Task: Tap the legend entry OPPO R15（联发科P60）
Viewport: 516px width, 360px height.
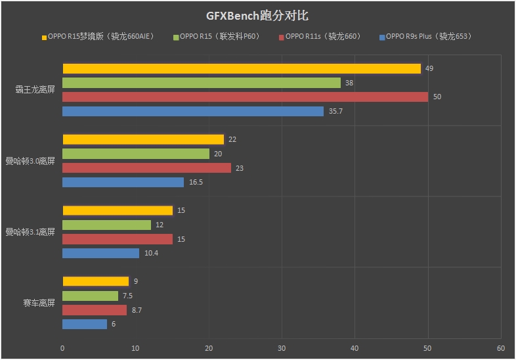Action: [219, 37]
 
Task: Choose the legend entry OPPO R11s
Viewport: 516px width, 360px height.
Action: [322, 37]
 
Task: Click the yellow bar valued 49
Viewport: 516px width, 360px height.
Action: [242, 68]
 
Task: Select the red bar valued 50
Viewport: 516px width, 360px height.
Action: [245, 97]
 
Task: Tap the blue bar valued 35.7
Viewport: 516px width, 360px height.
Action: [193, 111]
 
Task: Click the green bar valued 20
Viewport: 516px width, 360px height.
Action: [136, 154]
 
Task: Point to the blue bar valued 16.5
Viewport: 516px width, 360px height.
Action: [123, 182]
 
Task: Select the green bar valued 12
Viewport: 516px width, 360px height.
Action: [106, 225]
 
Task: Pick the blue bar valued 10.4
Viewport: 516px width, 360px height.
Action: [100, 253]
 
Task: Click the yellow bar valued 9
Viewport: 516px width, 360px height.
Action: [95, 281]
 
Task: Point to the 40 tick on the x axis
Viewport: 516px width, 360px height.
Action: [355, 348]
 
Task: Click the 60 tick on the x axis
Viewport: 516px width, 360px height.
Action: [500, 348]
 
